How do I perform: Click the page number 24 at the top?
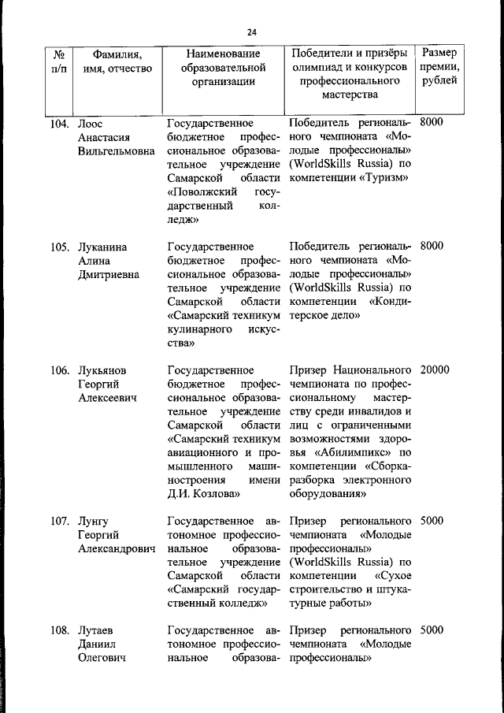pos(251,32)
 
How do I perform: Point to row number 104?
pos(61,124)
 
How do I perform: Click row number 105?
pos(61,247)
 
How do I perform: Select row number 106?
pos(61,369)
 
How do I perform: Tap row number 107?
pos(61,521)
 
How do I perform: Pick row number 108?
pos(61,630)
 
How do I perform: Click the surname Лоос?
pos(91,124)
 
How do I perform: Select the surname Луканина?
pos(103,247)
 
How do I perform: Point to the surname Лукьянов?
pos(102,369)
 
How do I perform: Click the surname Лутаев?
pos(96,630)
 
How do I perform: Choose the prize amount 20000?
pos(435,369)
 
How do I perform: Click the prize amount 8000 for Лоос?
pos(432,123)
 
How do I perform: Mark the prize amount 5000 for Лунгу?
pos(432,521)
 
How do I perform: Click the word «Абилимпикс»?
pos(352,452)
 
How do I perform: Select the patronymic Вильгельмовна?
pos(117,151)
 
